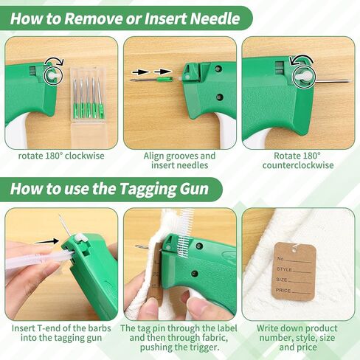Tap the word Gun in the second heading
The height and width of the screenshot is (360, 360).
click(194, 190)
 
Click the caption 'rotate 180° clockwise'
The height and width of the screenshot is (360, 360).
click(61, 156)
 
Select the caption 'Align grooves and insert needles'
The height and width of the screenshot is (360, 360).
click(179, 160)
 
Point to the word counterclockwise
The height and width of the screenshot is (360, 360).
click(298, 165)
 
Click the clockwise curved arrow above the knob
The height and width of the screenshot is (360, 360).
click(55, 60)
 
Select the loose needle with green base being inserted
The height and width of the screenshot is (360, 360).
click(152, 79)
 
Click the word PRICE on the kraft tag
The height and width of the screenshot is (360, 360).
click(283, 291)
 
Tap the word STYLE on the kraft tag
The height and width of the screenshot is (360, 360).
click(285, 269)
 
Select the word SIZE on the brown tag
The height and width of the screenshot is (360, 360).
click(282, 280)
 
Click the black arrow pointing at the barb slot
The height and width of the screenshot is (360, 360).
click(46, 241)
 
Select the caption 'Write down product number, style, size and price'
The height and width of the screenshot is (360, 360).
click(298, 338)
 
